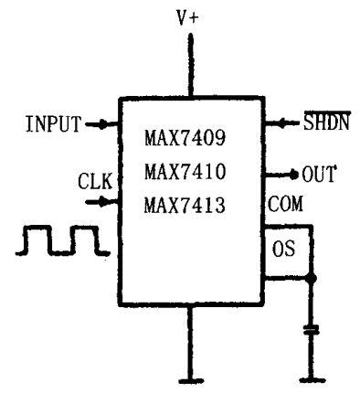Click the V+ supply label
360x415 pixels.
187,17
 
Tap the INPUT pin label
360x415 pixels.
54,124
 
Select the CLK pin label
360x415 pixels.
95,181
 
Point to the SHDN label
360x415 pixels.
327,122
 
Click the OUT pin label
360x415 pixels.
319,174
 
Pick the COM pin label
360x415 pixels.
285,204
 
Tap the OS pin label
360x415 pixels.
283,249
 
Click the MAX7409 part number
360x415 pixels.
185,138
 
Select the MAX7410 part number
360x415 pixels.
185,172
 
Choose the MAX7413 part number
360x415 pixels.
185,205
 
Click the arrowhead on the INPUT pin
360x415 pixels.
103,124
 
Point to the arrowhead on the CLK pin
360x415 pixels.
103,201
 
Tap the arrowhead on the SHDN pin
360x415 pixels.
282,122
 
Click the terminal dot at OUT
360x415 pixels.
293,175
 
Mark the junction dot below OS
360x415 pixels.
311,278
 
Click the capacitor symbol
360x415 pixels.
311,330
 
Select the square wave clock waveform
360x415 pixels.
62,239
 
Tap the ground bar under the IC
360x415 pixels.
191,381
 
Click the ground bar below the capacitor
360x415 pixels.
312,380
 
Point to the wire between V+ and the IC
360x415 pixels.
191,65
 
